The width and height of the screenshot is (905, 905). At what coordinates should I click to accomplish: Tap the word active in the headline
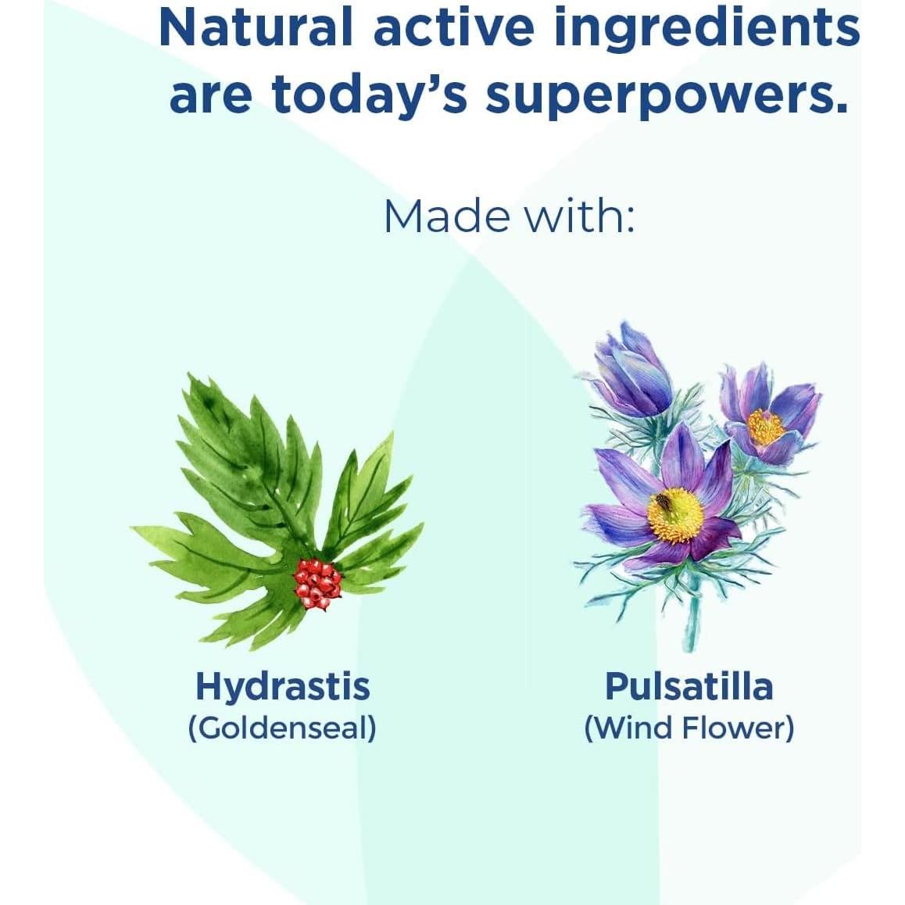(453, 27)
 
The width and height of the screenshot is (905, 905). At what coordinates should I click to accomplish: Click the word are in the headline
(211, 96)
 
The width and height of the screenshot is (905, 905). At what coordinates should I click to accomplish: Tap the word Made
(447, 216)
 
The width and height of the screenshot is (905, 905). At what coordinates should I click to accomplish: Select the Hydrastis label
(283, 687)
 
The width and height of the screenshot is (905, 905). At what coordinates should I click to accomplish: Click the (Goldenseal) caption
(282, 728)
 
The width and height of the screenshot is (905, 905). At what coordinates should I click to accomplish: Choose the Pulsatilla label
(689, 686)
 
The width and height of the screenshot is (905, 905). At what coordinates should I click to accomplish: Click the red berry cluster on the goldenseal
(317, 583)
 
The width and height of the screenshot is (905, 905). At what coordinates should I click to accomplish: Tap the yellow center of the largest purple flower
(674, 515)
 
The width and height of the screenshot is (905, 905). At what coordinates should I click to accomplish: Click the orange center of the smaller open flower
(765, 427)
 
